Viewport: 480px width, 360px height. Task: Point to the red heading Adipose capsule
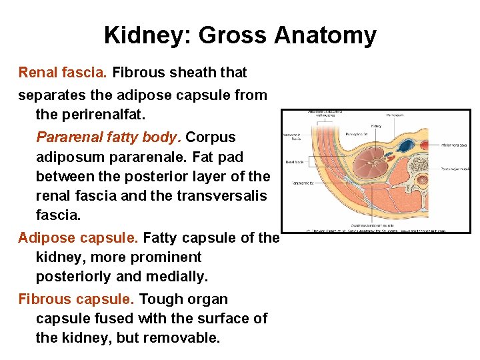coord(79,237)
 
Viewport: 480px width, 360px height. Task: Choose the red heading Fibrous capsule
coord(77,299)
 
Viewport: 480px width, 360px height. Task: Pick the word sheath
coord(196,72)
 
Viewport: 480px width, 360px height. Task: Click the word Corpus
coord(211,137)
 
